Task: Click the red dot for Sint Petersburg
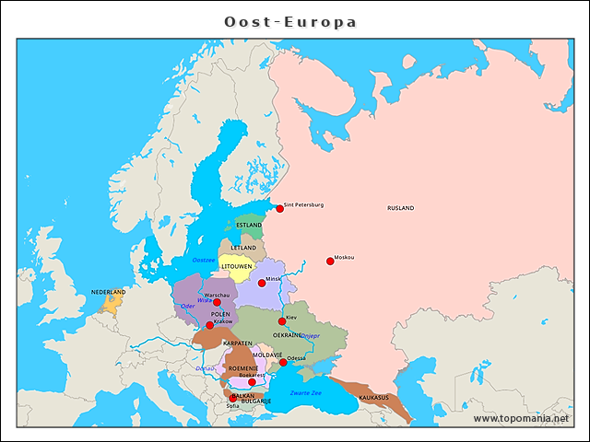[x=279, y=209]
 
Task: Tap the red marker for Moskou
[x=330, y=262]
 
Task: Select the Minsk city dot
[x=262, y=283]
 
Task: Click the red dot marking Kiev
[x=282, y=321]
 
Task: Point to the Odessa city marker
[x=283, y=363]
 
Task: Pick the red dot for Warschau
[x=218, y=302]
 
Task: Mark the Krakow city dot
[x=209, y=325]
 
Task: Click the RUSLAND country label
[x=400, y=208]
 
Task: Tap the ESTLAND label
[x=249, y=225]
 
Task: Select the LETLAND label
[x=243, y=248]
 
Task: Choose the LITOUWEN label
[x=237, y=266]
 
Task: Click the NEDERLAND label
[x=108, y=292]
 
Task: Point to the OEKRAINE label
[x=287, y=335]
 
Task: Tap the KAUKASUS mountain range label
[x=373, y=398]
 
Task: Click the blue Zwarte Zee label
[x=306, y=393]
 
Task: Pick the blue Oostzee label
[x=203, y=261]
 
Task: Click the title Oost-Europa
[x=291, y=21]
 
